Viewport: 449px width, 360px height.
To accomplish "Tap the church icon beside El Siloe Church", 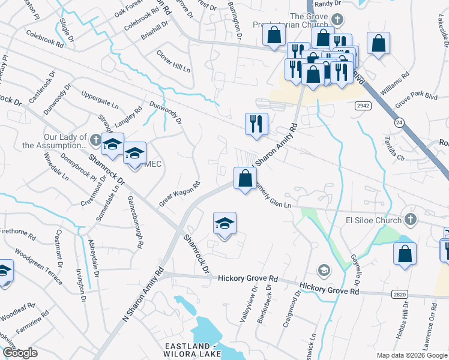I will (411, 219).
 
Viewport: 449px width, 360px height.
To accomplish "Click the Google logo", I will (20, 353).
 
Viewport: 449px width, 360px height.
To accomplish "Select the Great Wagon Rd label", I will (179, 194).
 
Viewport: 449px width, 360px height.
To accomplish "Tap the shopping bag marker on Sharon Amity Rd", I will (245, 179).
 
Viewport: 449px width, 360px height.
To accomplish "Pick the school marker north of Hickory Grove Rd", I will (224, 224).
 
